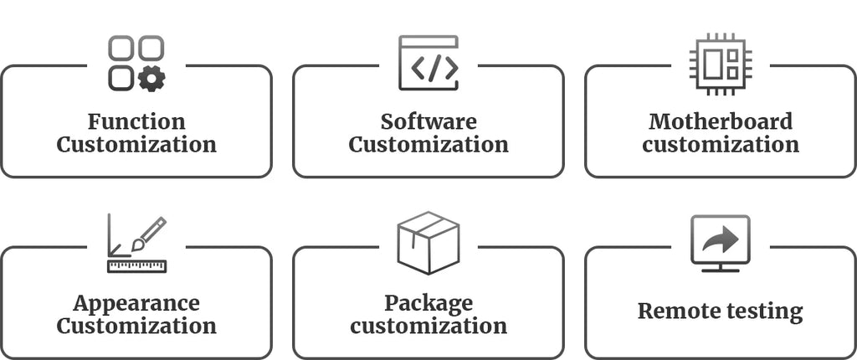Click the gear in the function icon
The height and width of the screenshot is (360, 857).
(x=151, y=79)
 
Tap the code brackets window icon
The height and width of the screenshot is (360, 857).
(x=428, y=63)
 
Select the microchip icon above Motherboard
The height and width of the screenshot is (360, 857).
(x=721, y=64)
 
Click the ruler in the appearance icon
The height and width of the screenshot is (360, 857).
(x=136, y=266)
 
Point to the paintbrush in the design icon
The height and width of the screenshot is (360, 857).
(x=149, y=234)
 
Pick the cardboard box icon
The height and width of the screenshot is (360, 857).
(x=428, y=242)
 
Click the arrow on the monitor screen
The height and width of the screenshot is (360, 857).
(x=721, y=239)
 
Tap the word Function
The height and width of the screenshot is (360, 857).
(x=136, y=121)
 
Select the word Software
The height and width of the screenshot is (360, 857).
(x=428, y=121)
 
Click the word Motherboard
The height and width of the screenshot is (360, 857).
(x=721, y=121)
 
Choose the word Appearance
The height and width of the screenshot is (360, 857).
(x=136, y=304)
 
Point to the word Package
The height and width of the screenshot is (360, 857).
(x=428, y=304)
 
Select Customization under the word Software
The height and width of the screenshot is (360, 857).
(x=428, y=145)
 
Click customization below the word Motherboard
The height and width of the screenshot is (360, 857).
(x=721, y=145)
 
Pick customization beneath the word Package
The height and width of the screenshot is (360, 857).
(x=428, y=327)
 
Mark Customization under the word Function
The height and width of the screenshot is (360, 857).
(x=136, y=145)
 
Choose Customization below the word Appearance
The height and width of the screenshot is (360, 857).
(x=136, y=327)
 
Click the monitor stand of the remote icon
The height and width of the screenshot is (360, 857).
(x=721, y=268)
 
